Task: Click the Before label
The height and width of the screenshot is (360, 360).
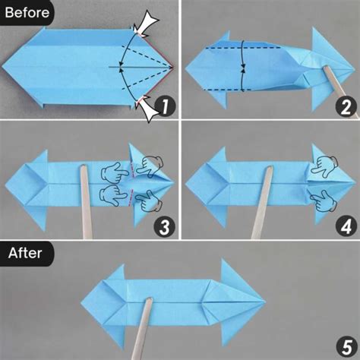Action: pos(26,12)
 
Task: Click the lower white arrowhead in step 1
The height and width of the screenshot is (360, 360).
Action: pos(146,111)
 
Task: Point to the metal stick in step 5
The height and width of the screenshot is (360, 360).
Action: pos(145,327)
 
